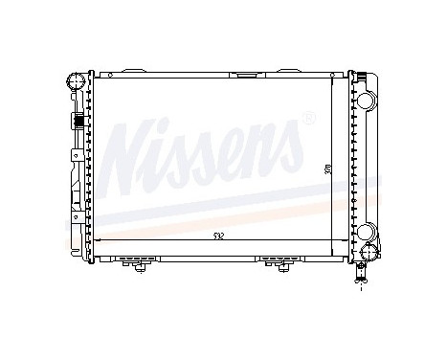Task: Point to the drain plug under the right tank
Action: coord(362,276)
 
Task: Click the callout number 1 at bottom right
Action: coord(361,289)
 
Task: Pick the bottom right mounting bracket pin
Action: coord(280,266)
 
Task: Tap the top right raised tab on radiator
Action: coord(287,70)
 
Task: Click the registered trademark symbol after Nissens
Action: coord(308,119)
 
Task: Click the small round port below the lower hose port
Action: coord(367,253)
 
